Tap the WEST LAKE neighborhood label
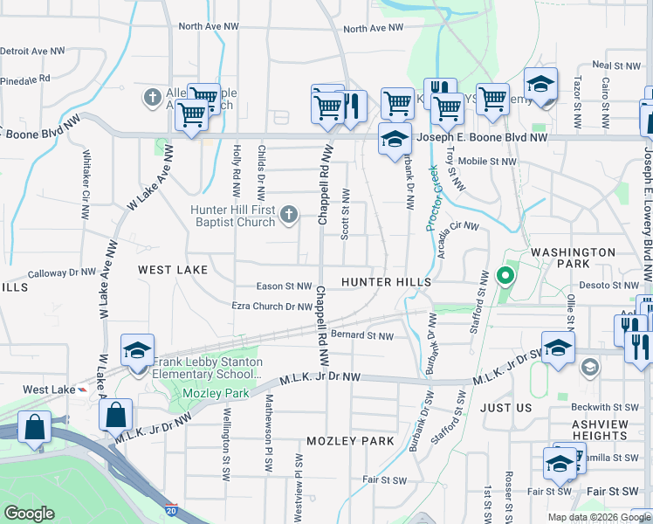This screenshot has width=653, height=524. coord(173,271)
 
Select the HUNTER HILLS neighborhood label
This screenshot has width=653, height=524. coord(386,282)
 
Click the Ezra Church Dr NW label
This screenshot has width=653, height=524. coord(272,307)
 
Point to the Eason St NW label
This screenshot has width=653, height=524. coord(284,286)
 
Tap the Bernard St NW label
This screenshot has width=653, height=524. coord(362,334)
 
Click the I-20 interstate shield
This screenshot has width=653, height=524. coord(169,508)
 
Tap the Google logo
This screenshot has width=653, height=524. coord(30,514)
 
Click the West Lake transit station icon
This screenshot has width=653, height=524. coord(82,390)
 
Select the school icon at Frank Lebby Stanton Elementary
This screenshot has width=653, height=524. coord(138,351)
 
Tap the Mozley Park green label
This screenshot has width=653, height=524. coord(216,394)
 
